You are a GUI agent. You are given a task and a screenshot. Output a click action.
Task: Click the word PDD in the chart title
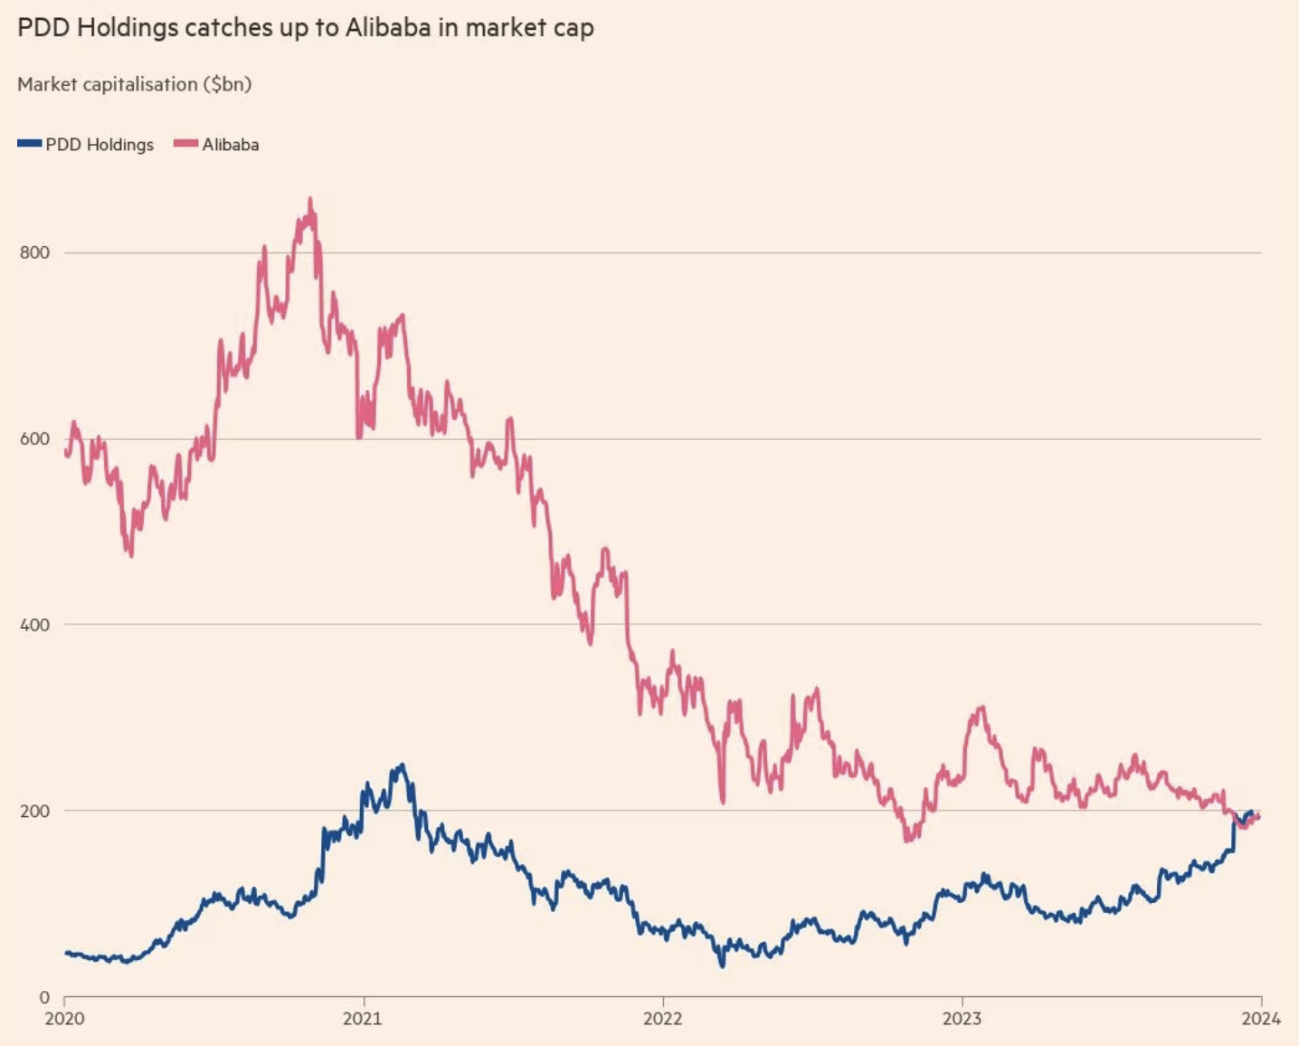click(43, 27)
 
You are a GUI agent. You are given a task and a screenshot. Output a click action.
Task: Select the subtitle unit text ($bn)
click(227, 84)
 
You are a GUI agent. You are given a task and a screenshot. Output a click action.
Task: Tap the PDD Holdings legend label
click(100, 145)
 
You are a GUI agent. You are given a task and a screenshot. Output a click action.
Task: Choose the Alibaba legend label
click(231, 145)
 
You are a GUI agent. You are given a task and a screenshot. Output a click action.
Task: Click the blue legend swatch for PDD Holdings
click(30, 144)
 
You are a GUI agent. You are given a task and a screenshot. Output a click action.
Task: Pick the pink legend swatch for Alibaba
click(185, 144)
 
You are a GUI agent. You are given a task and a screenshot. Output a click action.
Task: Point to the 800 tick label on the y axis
click(34, 252)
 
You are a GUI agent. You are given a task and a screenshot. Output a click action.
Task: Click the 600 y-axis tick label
click(34, 439)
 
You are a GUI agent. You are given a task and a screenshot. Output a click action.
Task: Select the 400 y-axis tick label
click(34, 624)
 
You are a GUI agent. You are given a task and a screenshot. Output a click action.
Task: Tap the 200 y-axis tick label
click(34, 811)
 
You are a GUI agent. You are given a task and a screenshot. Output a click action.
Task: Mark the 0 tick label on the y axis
click(44, 997)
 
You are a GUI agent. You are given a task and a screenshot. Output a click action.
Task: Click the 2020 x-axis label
click(64, 1019)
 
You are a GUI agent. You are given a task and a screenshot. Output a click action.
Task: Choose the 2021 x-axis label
click(363, 1019)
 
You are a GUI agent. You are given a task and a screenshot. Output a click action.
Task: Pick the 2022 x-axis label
click(663, 1019)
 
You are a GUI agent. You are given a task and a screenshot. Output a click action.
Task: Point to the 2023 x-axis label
click(962, 1019)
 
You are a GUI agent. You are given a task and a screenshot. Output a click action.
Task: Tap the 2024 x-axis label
click(1261, 1019)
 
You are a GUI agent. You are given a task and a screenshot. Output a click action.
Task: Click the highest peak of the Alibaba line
click(310, 200)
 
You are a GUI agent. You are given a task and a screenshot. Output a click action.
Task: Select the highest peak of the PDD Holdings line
click(402, 765)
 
